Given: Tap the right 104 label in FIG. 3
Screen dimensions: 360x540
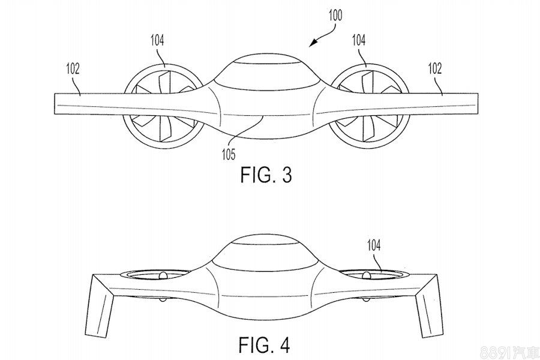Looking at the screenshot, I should coord(359,40).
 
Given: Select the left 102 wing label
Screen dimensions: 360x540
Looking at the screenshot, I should coord(73,68).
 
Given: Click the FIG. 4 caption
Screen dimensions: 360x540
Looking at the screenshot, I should coord(265,345).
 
